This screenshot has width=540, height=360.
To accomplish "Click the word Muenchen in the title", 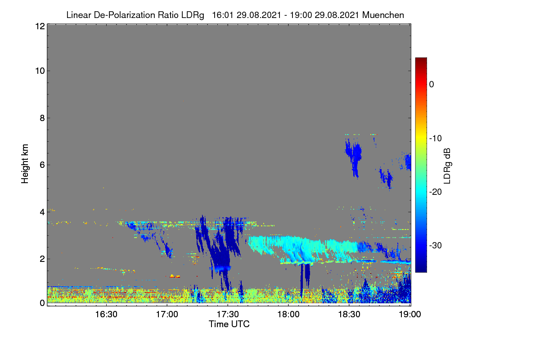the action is [383, 15].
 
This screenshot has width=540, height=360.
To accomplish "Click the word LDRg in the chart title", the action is [193, 15].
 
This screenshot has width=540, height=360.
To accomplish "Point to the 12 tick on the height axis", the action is [40, 26].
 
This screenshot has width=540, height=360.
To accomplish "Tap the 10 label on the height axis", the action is [40, 71].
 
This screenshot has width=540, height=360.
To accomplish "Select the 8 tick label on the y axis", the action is [42, 118].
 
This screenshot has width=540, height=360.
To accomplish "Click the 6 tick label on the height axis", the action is [42, 165].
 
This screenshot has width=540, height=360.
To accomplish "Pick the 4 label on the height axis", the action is [42, 212].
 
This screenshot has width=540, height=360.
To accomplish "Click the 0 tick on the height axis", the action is [42, 303].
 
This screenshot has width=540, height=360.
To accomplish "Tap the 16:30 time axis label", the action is [106, 315].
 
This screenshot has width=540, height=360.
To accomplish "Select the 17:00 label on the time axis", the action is [167, 315].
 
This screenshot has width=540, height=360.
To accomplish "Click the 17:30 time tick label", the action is [228, 315].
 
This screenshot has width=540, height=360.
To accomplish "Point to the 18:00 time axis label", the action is [288, 315].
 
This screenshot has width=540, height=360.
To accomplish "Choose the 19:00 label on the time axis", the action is [410, 315].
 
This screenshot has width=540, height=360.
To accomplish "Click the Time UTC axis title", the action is [229, 324].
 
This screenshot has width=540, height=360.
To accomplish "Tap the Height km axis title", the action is [25, 164].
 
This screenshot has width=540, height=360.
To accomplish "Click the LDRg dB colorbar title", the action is [447, 166].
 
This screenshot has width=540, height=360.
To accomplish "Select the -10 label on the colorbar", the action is [436, 139].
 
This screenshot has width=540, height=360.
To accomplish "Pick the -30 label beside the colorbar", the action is [436, 245].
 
